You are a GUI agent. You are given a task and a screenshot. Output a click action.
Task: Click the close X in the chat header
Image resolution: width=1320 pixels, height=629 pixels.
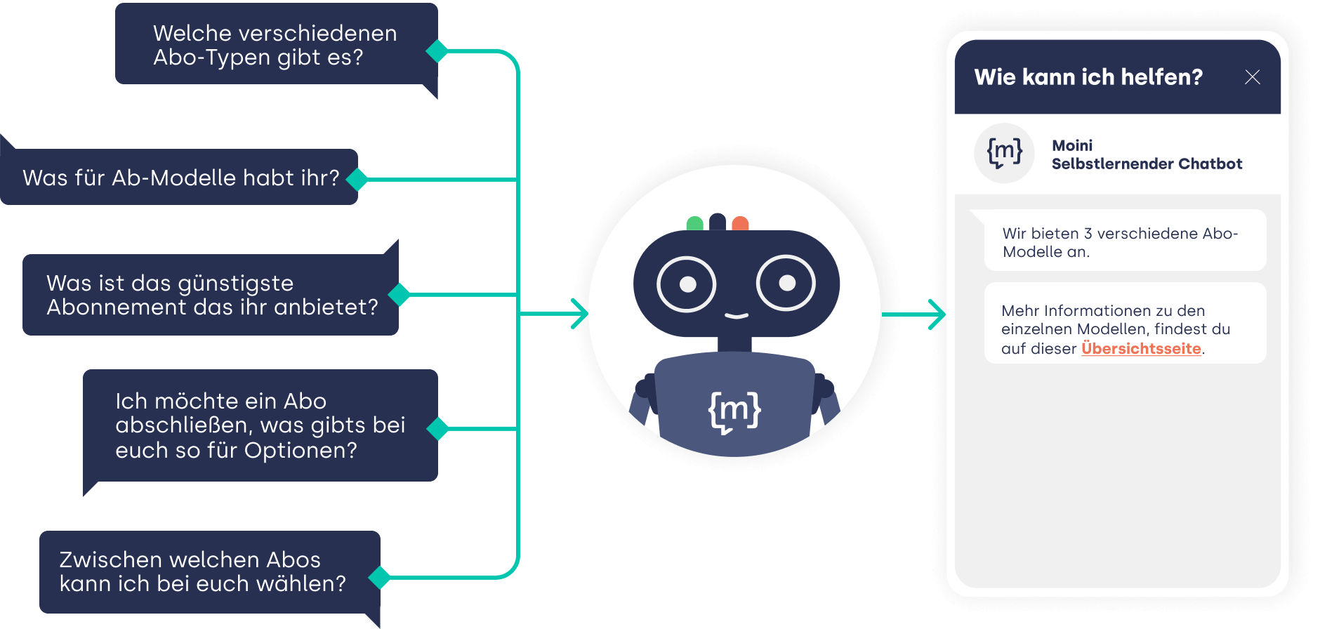pos(1252,77)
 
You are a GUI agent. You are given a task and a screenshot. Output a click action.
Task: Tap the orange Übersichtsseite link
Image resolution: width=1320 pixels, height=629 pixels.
pos(1141,348)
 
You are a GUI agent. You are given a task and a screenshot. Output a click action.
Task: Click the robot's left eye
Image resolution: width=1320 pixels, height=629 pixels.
pos(687,284)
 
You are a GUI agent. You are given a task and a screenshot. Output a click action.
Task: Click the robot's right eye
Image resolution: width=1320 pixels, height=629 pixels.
pos(786,282)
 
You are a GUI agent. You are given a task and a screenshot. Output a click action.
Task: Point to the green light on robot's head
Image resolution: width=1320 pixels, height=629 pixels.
pos(694,224)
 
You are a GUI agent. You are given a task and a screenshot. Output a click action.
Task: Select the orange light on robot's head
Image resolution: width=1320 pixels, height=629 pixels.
pos(740,224)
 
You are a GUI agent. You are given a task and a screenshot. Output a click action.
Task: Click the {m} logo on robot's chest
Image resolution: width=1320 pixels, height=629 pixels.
pos(735,411)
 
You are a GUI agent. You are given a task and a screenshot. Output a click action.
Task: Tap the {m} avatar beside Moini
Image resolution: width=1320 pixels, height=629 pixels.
pos(1005,153)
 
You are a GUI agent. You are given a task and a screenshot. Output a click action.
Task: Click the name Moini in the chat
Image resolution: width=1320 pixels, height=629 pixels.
pos(1072,145)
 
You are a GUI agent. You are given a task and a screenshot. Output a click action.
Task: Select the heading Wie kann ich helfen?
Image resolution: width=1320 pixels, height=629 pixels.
pos(1088,77)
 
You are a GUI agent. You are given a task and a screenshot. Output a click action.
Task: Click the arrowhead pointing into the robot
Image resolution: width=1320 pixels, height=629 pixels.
pos(579,314)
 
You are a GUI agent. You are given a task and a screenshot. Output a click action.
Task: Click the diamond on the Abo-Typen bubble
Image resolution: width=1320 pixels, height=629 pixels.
pos(437,51)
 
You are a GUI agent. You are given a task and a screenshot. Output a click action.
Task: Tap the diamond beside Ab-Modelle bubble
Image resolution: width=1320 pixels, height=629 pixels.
pos(357,180)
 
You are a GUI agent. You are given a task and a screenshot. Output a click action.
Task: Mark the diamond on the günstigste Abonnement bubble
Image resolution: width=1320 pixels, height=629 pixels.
pos(399,295)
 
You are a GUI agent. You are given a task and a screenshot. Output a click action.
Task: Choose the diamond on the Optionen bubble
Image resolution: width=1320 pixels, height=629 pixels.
pos(438,428)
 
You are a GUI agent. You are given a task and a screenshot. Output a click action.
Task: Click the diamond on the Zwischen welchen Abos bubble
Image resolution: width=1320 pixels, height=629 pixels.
pos(380,577)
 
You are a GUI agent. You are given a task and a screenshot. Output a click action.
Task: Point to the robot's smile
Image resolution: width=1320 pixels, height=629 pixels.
pos(736,315)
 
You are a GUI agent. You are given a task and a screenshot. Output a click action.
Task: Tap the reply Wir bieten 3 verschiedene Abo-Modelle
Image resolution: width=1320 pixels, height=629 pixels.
pos(1120,242)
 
